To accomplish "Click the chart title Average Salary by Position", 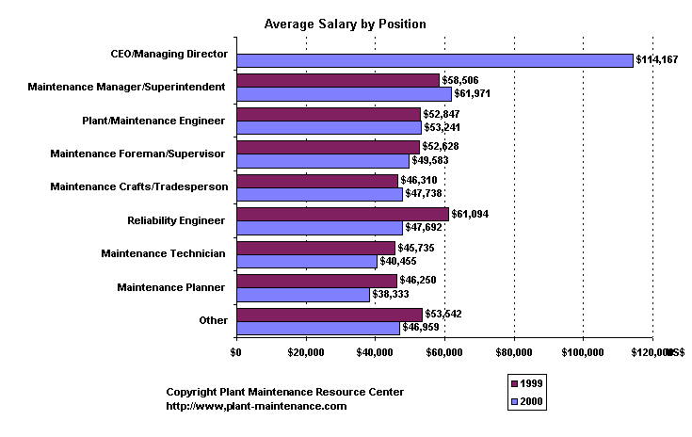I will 345,24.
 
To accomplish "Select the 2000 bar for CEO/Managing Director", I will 434,60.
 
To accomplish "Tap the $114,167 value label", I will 659,60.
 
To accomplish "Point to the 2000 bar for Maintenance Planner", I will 302,294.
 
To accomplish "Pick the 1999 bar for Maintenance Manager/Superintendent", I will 338,80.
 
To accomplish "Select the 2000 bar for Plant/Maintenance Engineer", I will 329,127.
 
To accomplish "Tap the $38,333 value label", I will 392,294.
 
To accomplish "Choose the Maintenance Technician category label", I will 164,253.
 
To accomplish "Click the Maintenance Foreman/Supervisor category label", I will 138,153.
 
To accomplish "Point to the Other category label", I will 214,320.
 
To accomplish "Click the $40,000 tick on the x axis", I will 375,352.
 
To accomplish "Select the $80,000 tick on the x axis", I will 514,352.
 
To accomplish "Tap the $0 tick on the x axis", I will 236,352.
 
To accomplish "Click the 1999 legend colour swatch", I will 513,384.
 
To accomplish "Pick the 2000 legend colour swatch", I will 513,401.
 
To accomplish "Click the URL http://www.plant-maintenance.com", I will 256,406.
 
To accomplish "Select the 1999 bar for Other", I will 330,314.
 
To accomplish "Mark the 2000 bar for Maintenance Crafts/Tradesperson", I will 319,194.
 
